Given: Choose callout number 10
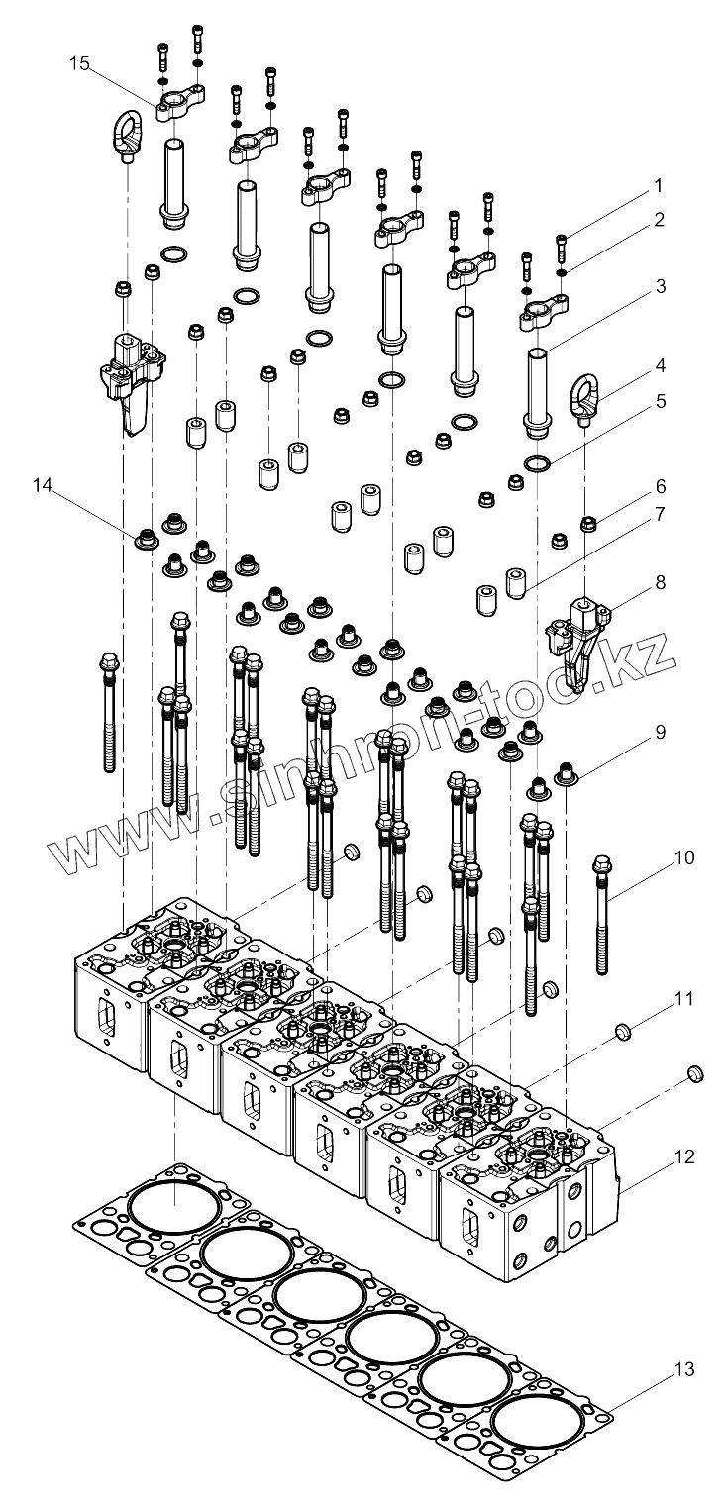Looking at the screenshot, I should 658,855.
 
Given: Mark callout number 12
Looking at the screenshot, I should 659,1156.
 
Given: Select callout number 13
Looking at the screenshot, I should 658,1370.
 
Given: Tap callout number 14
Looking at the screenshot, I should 42,485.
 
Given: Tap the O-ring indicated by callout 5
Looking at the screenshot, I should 539,463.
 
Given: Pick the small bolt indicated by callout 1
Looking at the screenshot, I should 564,242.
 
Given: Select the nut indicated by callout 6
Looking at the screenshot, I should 587,523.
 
